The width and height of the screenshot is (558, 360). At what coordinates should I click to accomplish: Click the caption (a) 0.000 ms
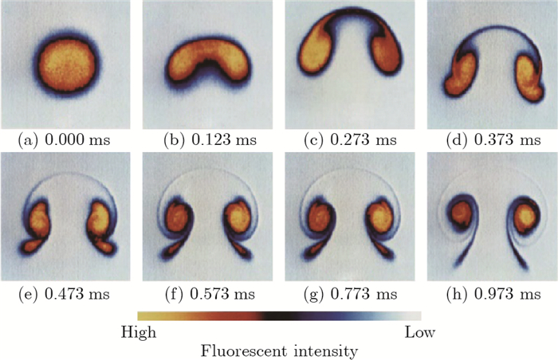tap(65, 140)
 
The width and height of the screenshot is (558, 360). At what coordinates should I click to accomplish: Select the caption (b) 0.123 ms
tap(206, 140)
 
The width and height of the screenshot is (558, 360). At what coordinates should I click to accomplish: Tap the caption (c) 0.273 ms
tap(349, 140)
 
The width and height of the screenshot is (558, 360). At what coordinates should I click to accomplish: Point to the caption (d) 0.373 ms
tap(491, 140)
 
